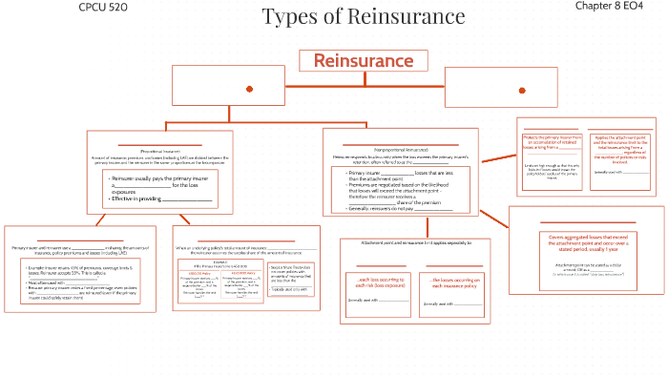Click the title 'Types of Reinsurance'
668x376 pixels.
click(363, 17)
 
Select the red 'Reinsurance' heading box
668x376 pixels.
click(363, 61)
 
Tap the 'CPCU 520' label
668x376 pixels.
click(103, 8)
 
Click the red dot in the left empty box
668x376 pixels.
click(249, 89)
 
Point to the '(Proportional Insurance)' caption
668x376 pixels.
click(159, 151)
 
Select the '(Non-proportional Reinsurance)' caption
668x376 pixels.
click(406, 150)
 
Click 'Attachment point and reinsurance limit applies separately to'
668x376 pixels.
click(416, 243)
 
